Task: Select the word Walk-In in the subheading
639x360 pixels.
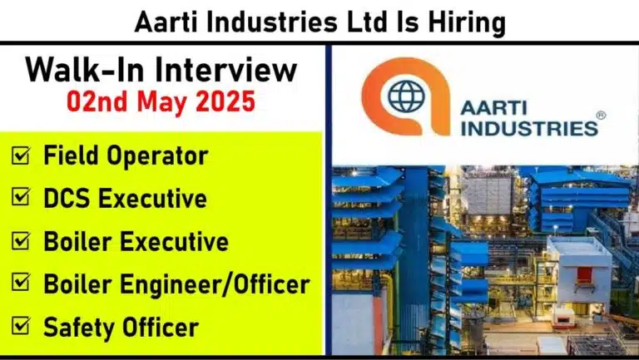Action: point(85,70)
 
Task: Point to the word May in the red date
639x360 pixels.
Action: point(161,102)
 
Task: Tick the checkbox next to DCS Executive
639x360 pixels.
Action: point(20,197)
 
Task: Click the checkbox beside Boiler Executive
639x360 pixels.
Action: point(20,240)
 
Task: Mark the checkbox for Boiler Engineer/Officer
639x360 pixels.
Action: point(20,282)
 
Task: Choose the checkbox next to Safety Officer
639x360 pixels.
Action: point(20,325)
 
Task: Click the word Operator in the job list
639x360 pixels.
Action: point(157,156)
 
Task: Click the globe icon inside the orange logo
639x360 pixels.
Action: point(406,96)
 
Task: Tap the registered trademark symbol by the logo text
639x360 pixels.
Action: point(601,116)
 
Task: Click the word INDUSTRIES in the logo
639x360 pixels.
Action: point(529,128)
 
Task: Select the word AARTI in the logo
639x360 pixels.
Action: point(493,108)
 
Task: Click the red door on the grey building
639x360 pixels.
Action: point(584,275)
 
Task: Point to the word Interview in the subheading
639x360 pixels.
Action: point(225,70)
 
